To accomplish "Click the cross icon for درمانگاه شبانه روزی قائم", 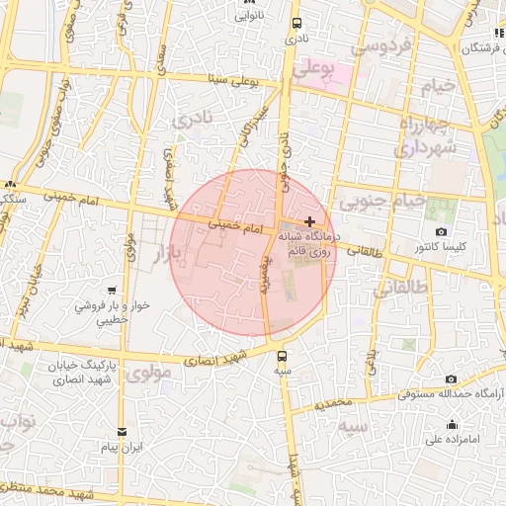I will pos(311,220).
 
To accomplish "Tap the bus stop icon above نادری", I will pos(296,24).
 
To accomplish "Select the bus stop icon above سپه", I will pos(284,356).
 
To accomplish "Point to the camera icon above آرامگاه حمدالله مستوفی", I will pos(451,379).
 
